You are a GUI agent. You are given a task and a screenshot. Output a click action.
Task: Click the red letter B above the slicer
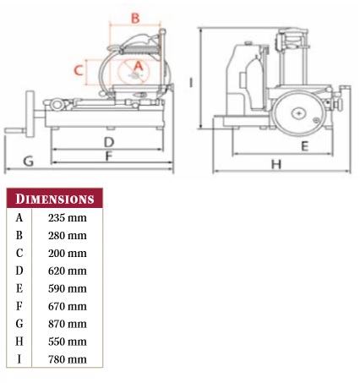click(x=135, y=18)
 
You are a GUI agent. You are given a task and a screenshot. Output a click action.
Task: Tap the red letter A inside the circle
click(x=139, y=66)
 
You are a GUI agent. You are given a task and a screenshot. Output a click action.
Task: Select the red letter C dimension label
click(x=79, y=70)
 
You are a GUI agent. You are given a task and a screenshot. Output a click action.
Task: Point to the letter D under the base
click(x=109, y=142)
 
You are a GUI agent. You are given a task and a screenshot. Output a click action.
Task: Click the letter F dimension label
click(x=109, y=156)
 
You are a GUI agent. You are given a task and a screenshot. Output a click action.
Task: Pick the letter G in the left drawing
click(x=29, y=161)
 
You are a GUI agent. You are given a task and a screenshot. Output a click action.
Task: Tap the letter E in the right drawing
click(x=304, y=146)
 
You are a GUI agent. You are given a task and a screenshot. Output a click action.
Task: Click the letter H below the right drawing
click(x=276, y=164)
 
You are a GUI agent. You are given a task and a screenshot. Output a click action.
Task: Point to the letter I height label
click(x=191, y=83)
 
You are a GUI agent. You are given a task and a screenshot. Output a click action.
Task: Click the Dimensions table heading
click(x=55, y=199)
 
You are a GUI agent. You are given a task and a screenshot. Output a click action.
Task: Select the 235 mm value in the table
click(x=68, y=218)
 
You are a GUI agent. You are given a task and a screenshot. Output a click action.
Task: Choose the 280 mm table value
click(x=68, y=236)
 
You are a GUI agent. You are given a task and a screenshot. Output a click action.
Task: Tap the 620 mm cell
click(x=68, y=271)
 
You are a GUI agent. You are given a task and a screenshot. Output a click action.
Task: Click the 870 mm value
click(x=68, y=324)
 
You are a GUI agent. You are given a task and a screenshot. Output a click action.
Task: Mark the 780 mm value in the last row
click(x=68, y=359)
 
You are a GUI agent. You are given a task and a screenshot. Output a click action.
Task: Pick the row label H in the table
click(x=19, y=342)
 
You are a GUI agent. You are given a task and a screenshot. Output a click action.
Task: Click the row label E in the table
click(x=19, y=288)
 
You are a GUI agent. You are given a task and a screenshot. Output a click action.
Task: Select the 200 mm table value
click(x=68, y=254)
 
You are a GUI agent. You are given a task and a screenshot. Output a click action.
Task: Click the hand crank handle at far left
click(x=14, y=131)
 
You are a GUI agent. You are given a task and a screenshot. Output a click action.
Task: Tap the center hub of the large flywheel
click(x=299, y=113)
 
